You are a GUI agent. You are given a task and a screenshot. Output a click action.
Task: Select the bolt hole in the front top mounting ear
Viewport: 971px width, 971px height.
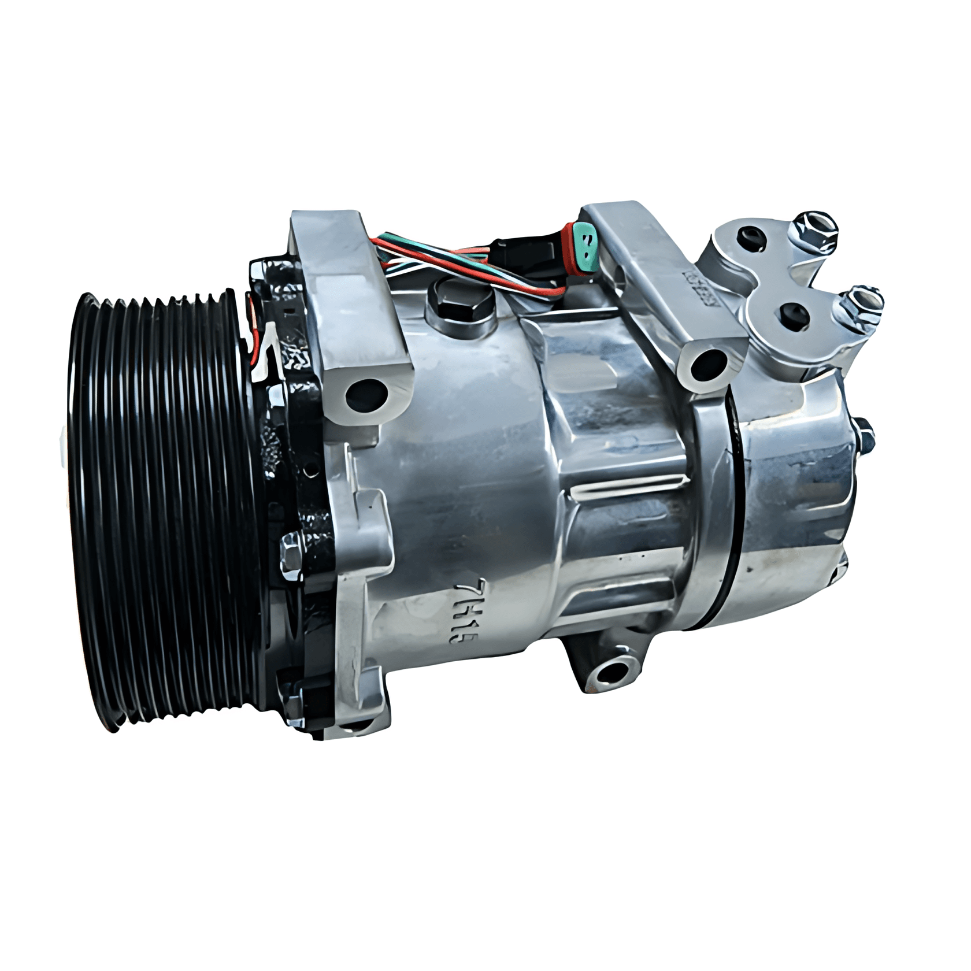coord(365,394)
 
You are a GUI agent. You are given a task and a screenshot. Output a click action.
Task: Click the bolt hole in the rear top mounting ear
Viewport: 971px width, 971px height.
coord(709,364)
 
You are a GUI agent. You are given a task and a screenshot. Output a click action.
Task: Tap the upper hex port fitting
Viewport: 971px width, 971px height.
coord(815,227)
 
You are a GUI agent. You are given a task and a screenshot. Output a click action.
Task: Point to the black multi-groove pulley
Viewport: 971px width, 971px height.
coord(162,509)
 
